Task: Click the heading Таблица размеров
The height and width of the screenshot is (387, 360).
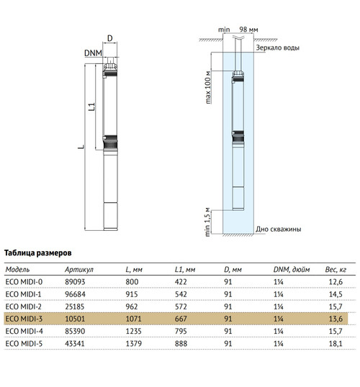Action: pyautogui.click(x=38, y=253)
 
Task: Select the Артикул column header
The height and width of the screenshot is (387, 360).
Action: pyautogui.click(x=79, y=270)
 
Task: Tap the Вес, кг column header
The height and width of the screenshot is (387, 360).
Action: pyautogui.click(x=336, y=270)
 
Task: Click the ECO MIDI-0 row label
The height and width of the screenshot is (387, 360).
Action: pyautogui.click(x=24, y=282)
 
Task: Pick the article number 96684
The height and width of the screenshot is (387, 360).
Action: pyautogui.click(x=75, y=294)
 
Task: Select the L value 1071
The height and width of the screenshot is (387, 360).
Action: pyautogui.click(x=134, y=319)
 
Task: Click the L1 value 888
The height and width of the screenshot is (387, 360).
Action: pyautogui.click(x=181, y=344)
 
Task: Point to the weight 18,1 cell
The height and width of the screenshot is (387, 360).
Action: pyautogui.click(x=336, y=344)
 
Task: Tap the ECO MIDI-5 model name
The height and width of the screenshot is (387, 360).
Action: pyautogui.click(x=24, y=344)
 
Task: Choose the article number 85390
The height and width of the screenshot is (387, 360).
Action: pyautogui.click(x=75, y=331)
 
